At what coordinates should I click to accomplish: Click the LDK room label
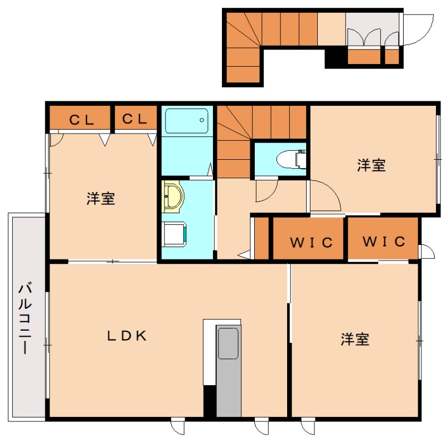(x=127, y=336)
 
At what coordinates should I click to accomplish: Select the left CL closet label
(x=81, y=119)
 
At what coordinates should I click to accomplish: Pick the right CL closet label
(x=134, y=119)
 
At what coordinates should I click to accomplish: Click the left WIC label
(x=311, y=243)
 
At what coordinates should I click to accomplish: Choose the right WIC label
(x=383, y=242)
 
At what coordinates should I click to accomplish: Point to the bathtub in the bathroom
(x=186, y=121)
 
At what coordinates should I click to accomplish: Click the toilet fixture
(x=292, y=159)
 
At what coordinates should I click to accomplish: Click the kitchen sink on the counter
(x=228, y=343)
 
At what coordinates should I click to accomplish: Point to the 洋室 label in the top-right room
(x=371, y=165)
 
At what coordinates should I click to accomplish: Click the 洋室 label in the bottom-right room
(x=355, y=340)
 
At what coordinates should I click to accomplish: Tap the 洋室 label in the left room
(x=101, y=199)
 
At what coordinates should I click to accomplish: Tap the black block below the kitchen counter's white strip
(x=210, y=401)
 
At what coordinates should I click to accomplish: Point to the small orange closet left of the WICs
(x=261, y=238)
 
